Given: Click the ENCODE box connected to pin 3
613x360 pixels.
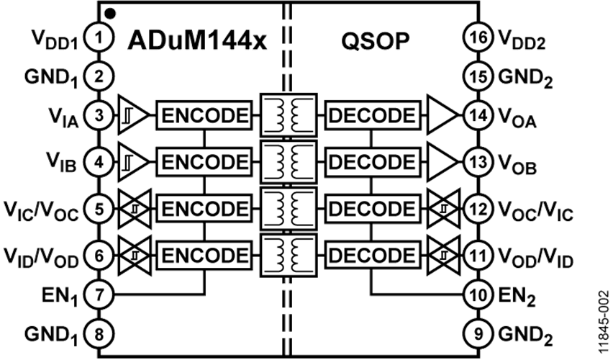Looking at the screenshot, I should point(204,114).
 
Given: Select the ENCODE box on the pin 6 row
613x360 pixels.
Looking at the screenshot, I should point(204,254).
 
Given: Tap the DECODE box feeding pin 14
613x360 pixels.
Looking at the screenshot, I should point(372,114).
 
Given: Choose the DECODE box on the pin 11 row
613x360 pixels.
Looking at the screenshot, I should point(372,254).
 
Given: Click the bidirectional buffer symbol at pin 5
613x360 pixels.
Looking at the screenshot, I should point(133,210).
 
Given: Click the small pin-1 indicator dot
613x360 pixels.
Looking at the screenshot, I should point(109,12).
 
